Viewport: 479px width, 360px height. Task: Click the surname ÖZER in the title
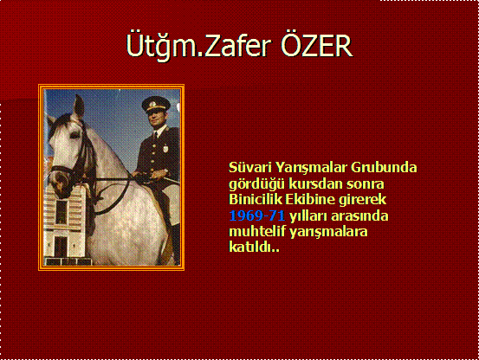[x=317, y=45]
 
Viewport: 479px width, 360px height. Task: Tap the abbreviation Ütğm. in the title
[x=165, y=46]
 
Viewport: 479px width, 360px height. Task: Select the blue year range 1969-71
[x=257, y=215]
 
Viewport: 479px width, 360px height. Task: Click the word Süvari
[x=250, y=167]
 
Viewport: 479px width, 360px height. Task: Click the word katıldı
[x=254, y=247]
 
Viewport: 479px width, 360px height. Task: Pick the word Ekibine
[x=310, y=200]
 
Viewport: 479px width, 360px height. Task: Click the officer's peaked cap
[x=156, y=105]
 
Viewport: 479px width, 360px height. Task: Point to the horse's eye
[x=74, y=135]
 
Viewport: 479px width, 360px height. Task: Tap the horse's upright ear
[x=79, y=106]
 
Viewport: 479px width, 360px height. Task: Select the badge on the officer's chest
[x=165, y=149]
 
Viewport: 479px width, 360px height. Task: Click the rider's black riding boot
[x=175, y=244]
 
